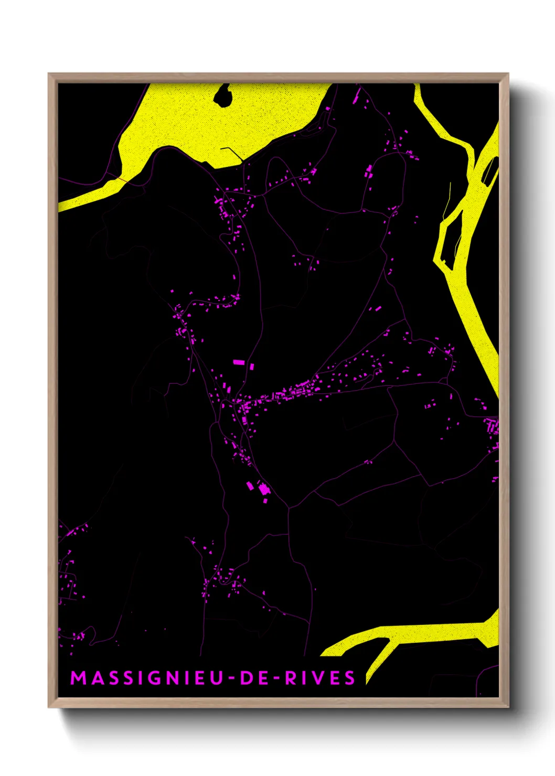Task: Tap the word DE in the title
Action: [x=256, y=678]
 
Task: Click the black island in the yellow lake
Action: [x=224, y=95]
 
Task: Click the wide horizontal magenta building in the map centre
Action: [x=239, y=362]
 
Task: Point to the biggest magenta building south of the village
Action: [x=263, y=489]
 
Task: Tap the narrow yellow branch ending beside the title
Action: [x=379, y=655]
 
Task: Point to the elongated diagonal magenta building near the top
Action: [x=357, y=95]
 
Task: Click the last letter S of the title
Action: [x=350, y=678]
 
